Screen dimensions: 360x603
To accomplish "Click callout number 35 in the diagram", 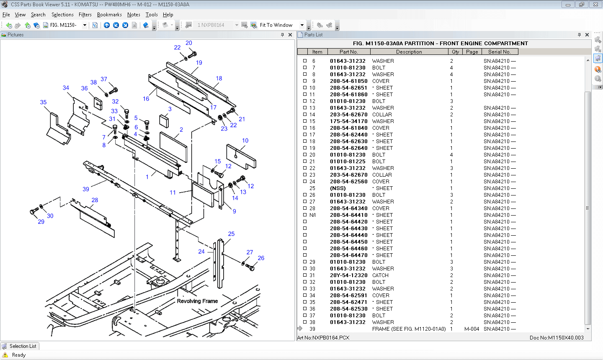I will coord(43,102).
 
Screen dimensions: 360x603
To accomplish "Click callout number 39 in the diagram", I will coord(86,189).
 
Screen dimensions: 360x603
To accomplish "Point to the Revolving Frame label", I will coord(197,301).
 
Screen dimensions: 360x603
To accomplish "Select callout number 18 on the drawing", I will coord(219,78).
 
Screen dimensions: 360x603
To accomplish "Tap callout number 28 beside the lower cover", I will coord(95,200).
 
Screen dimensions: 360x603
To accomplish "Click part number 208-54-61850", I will coord(348,81).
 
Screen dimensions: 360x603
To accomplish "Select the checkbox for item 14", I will coord(305,114).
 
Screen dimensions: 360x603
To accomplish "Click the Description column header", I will coord(409,52).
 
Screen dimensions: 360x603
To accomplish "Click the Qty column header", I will coord(455,52).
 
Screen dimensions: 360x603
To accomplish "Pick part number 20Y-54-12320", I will coord(348,275).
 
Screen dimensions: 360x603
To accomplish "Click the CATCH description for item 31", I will coord(380,275).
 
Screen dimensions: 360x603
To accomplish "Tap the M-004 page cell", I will coord(472,329).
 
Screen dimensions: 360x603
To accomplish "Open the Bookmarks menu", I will coord(109,15).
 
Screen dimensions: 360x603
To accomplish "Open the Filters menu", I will coord(85,15).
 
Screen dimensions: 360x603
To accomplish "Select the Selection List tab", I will coord(20,346).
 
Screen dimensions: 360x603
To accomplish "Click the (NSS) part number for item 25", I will coord(338,188).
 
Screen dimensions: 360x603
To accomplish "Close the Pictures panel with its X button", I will coord(290,35).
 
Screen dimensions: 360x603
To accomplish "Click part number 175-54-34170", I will coord(348,121).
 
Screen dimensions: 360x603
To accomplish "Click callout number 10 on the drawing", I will coord(245,141).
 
